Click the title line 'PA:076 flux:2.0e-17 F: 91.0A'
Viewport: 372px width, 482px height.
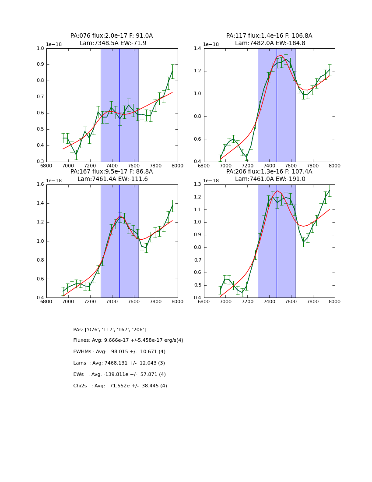pyautogui.click(x=112, y=36)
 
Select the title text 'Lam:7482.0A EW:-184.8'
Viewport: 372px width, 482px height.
pyautogui.click(x=269, y=43)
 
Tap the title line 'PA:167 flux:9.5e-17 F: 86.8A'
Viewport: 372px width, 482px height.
pyautogui.click(x=112, y=172)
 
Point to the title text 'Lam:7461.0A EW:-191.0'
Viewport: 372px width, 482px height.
pyautogui.click(x=269, y=179)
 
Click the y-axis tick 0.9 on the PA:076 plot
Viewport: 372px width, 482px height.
pyautogui.click(x=40, y=64)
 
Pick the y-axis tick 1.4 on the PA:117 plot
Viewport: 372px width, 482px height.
pyautogui.click(x=198, y=48)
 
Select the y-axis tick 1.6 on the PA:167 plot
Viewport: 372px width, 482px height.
pyautogui.click(x=40, y=184)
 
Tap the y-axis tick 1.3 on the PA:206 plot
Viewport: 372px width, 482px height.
pyautogui.click(x=198, y=184)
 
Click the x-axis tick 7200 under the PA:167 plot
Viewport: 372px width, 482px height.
pyautogui.click(x=90, y=301)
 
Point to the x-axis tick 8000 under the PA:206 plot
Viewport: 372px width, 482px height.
pyautogui.click(x=335, y=301)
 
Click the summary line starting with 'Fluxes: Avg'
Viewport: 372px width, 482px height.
pyautogui.click(x=128, y=340)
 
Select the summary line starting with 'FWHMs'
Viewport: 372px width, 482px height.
pyautogui.click(x=119, y=352)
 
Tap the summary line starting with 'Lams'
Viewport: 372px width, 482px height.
pyautogui.click(x=119, y=363)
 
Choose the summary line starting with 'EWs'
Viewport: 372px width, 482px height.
pyautogui.click(x=119, y=375)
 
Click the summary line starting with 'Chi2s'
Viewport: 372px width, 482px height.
pyautogui.click(x=120, y=386)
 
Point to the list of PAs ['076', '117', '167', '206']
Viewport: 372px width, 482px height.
pyautogui.click(x=109, y=330)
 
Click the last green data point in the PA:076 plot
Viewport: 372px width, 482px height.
pyautogui.click(x=172, y=71)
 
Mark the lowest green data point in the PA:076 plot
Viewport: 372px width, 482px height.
pyautogui.click(x=76, y=155)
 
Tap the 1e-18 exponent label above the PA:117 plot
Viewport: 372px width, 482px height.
pyautogui.click(x=211, y=44)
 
